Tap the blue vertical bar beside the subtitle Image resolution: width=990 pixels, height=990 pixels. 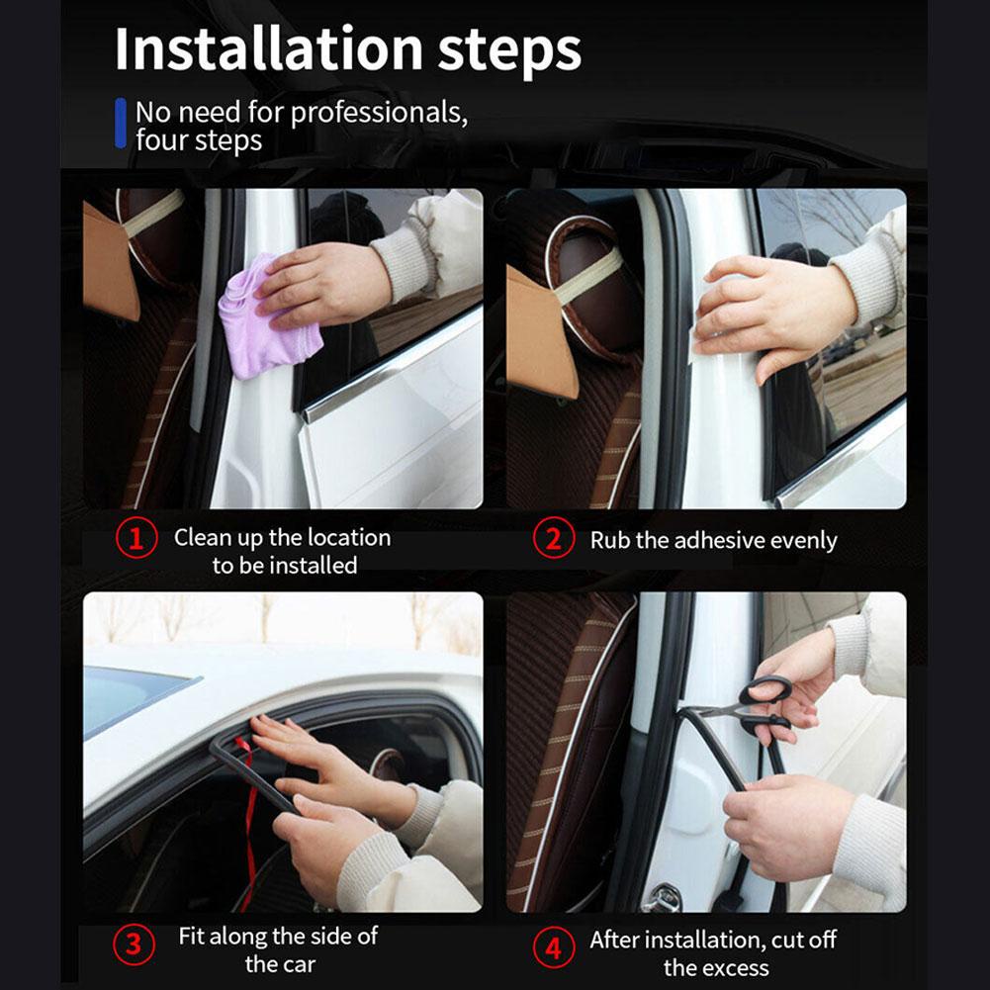(x=121, y=123)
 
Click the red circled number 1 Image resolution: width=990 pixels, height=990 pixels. (x=135, y=540)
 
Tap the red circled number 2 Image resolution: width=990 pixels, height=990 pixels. (x=553, y=540)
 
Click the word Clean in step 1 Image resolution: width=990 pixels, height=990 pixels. (x=203, y=538)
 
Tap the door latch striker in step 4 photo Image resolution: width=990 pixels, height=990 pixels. (x=661, y=896)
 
